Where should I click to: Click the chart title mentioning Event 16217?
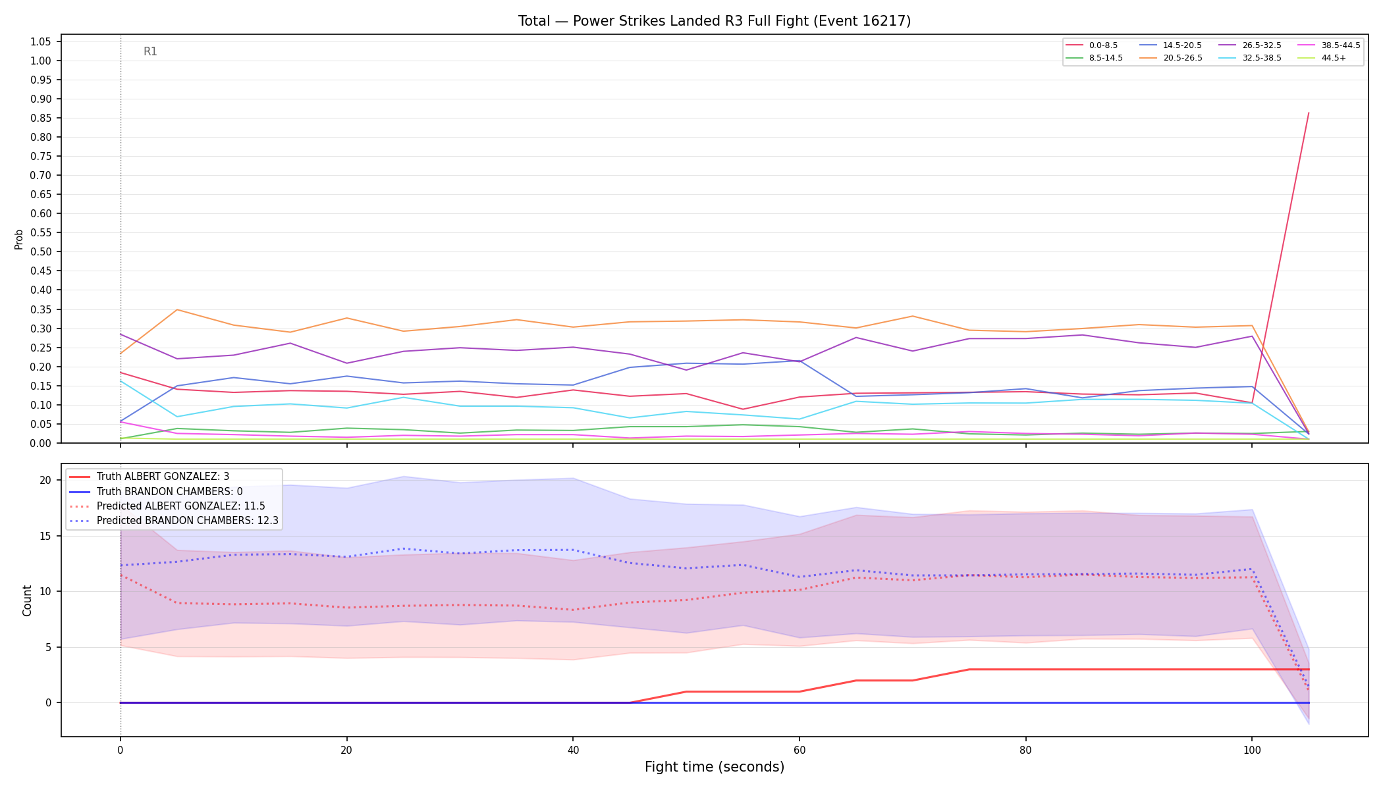point(715,21)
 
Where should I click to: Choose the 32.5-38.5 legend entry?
point(1247,58)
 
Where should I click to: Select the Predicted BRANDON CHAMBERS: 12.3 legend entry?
point(174,521)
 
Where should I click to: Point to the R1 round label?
point(150,51)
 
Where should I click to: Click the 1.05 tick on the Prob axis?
point(40,42)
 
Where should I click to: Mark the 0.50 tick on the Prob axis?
point(40,252)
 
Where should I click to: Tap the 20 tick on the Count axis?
point(45,481)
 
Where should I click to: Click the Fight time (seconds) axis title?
point(715,767)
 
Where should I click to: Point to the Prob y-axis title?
point(19,239)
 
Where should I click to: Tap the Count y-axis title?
point(27,600)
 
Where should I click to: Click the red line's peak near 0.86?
point(1308,113)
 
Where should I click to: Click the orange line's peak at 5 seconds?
point(176,309)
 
